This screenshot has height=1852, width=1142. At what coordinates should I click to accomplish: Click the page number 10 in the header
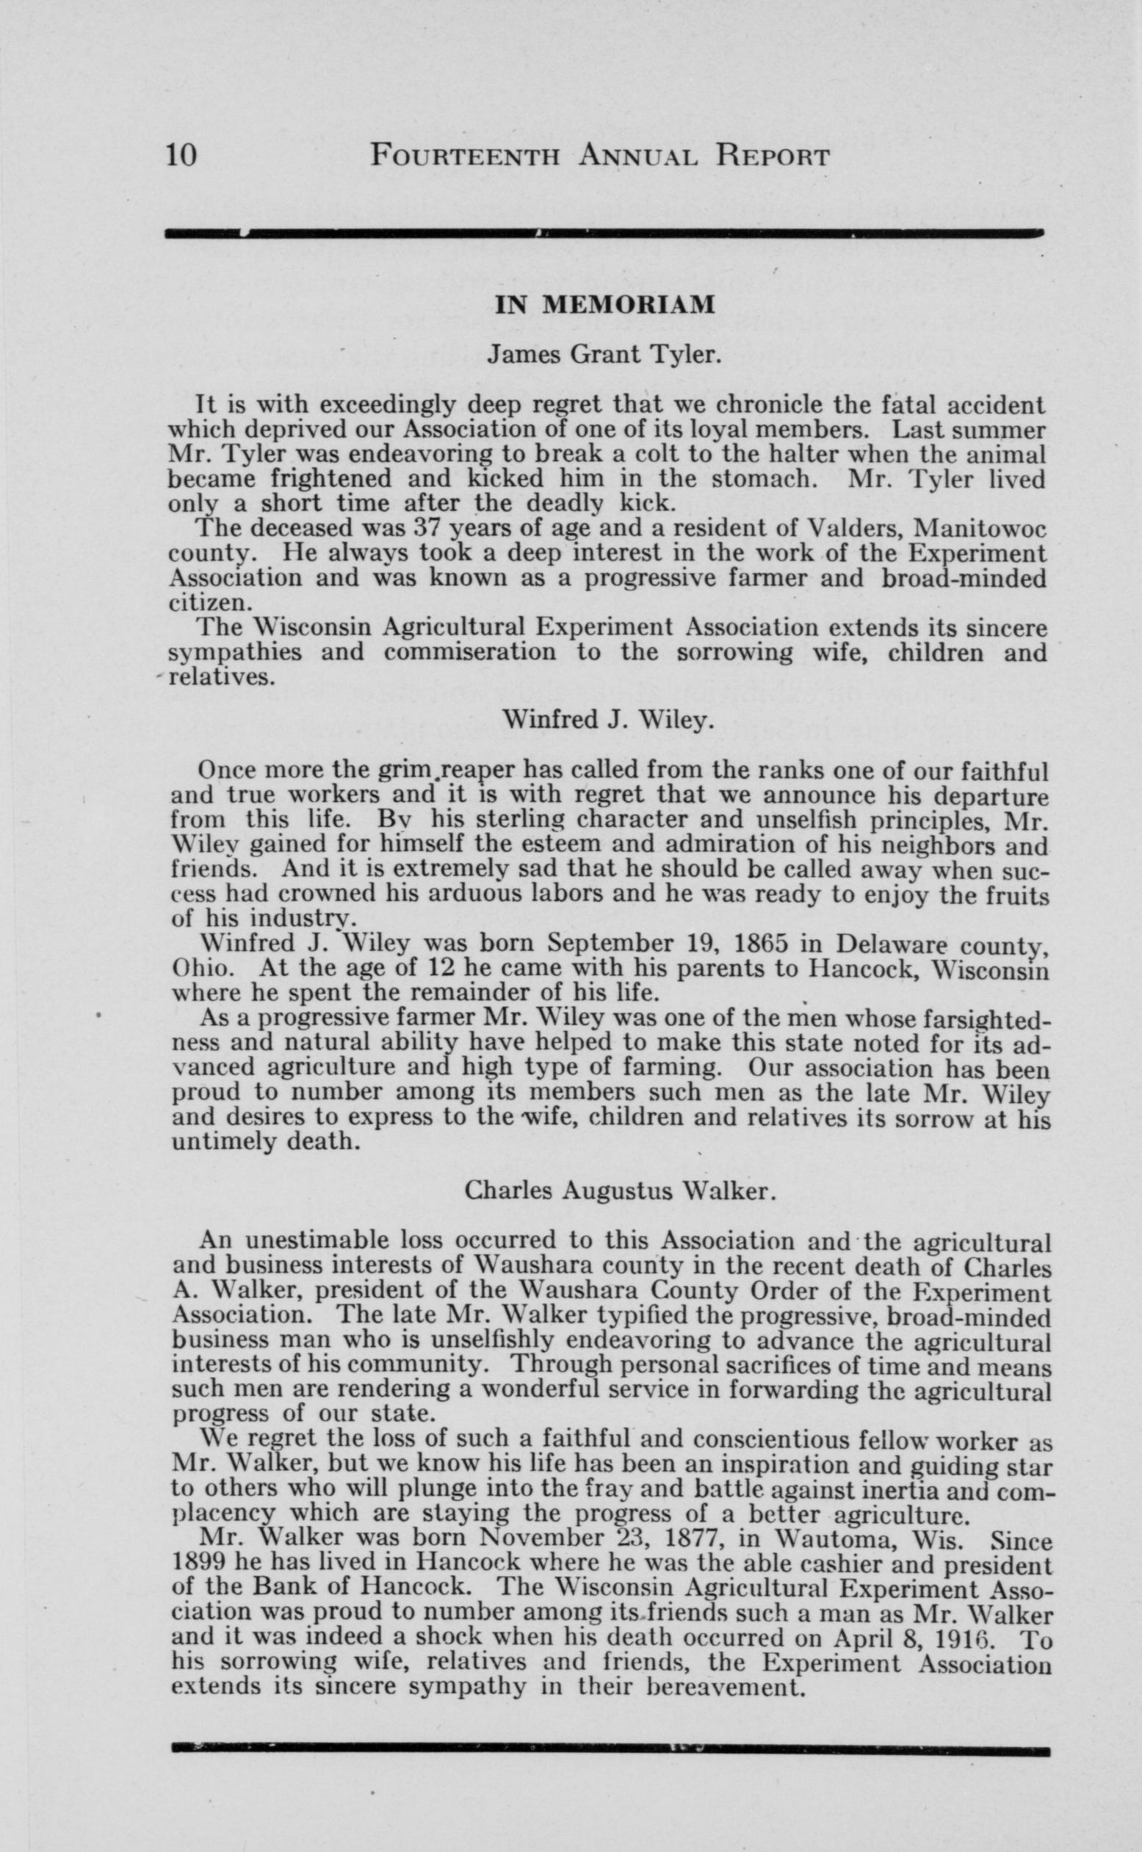click(x=181, y=155)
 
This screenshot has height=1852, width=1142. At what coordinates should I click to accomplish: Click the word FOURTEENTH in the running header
click(x=466, y=156)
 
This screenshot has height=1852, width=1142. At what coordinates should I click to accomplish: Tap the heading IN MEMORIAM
click(x=604, y=304)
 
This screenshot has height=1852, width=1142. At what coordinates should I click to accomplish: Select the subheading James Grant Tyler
click(x=601, y=354)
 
